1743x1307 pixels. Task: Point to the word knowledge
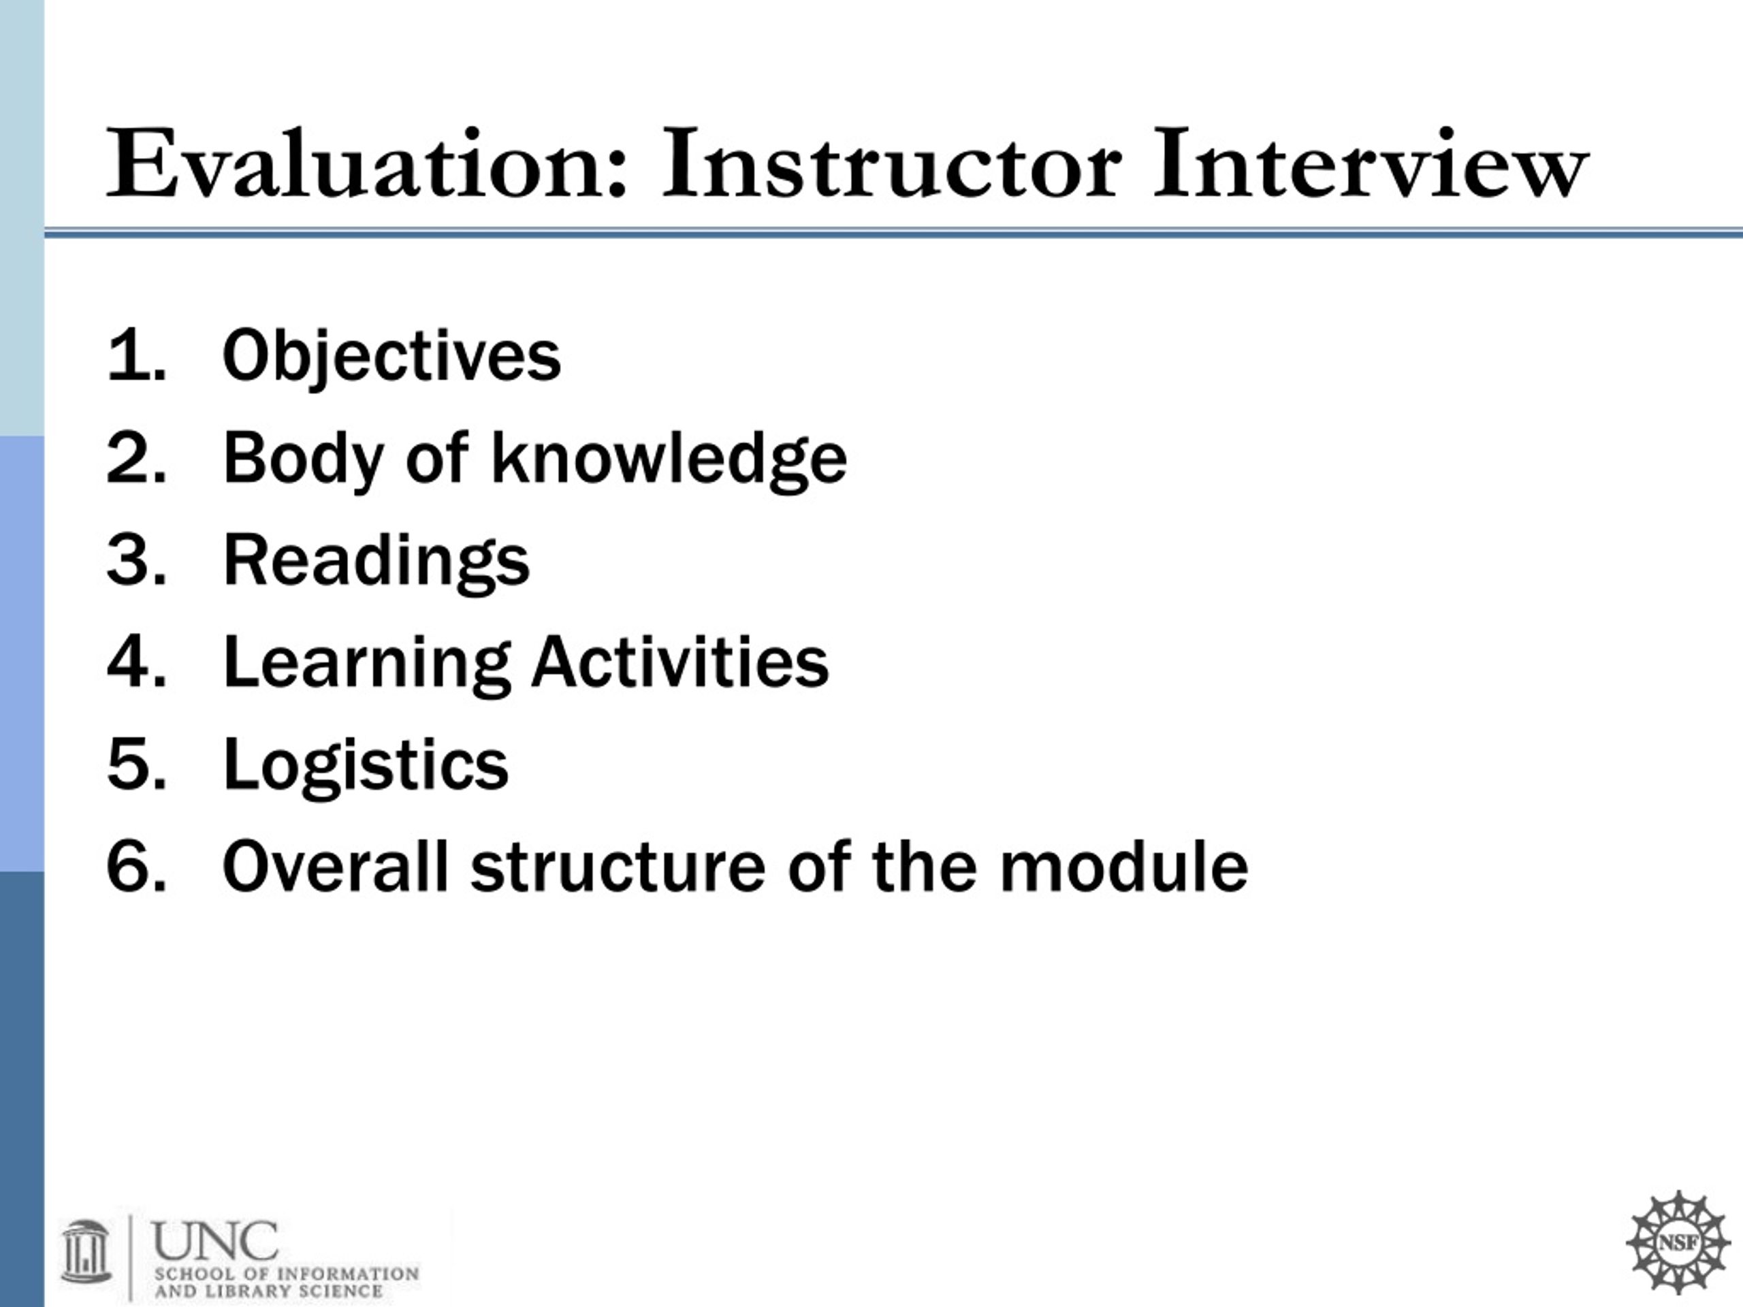668,459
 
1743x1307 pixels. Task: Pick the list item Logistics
366,767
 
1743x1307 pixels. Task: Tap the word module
1123,866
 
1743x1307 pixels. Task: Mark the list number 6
136,867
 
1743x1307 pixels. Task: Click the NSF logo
1678,1242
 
